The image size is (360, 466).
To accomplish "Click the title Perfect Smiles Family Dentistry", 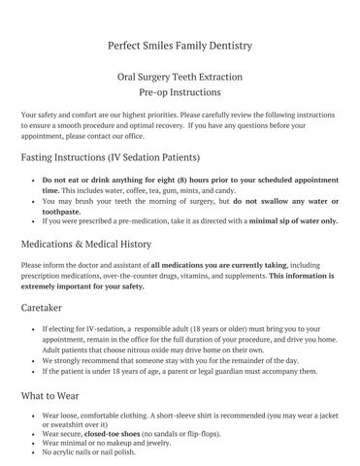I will [x=180, y=45].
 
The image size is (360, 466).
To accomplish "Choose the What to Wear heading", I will [x=57, y=395].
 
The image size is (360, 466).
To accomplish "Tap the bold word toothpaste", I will [x=69, y=210].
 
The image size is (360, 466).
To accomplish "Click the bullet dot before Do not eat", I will [x=33, y=182].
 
